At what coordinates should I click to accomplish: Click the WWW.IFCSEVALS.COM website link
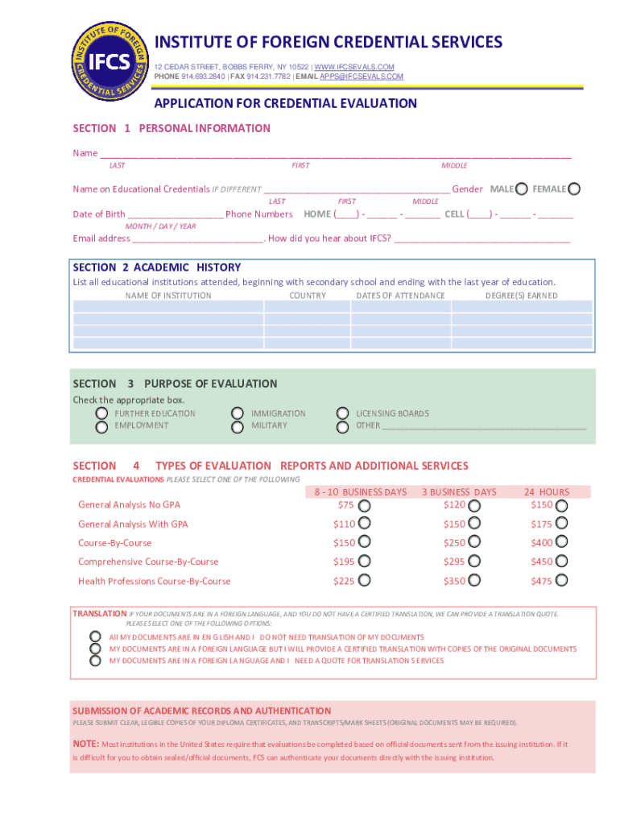tap(354, 66)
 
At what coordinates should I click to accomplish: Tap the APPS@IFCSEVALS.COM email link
tap(362, 77)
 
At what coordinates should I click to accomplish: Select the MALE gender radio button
tap(522, 189)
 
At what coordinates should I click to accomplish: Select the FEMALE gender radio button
tap(573, 189)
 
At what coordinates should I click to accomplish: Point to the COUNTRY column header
tap(308, 296)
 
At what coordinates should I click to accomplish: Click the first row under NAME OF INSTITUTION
tap(167, 307)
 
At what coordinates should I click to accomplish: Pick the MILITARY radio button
tap(237, 427)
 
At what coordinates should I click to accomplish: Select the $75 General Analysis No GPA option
tap(365, 506)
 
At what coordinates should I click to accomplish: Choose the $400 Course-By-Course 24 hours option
tap(561, 543)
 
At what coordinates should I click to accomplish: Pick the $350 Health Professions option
tap(474, 581)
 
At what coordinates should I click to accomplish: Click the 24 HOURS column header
tap(546, 492)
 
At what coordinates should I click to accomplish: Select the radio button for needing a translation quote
tap(95, 661)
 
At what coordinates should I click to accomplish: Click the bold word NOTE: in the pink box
tap(86, 744)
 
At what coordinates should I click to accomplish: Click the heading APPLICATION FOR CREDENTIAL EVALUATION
tap(285, 103)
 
